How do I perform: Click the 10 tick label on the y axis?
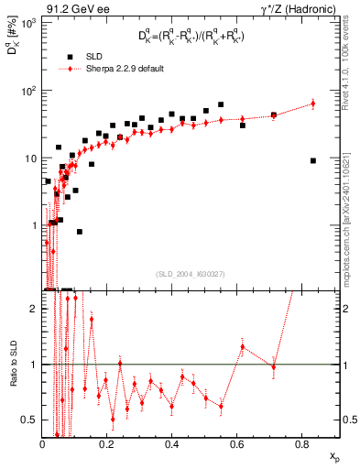pyautogui.click(x=31, y=158)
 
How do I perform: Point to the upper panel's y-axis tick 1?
pyautogui.click(x=35, y=225)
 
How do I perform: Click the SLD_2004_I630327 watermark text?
pyautogui.click(x=191, y=273)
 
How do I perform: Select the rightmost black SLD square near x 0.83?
pyautogui.click(x=313, y=160)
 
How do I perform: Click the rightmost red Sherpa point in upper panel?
pyautogui.click(x=313, y=104)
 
